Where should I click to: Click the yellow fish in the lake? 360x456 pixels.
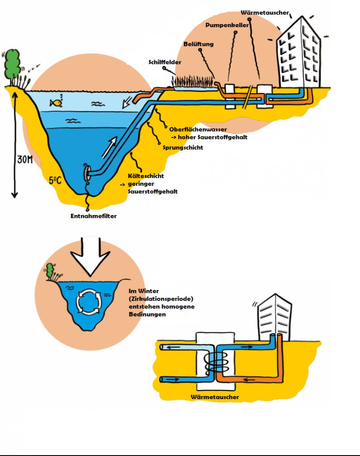[56, 103]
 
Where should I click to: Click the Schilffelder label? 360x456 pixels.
[165, 62]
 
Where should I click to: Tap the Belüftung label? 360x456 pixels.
[198, 44]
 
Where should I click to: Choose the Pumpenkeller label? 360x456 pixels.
[227, 25]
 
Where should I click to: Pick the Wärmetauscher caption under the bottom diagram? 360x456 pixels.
[214, 397]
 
